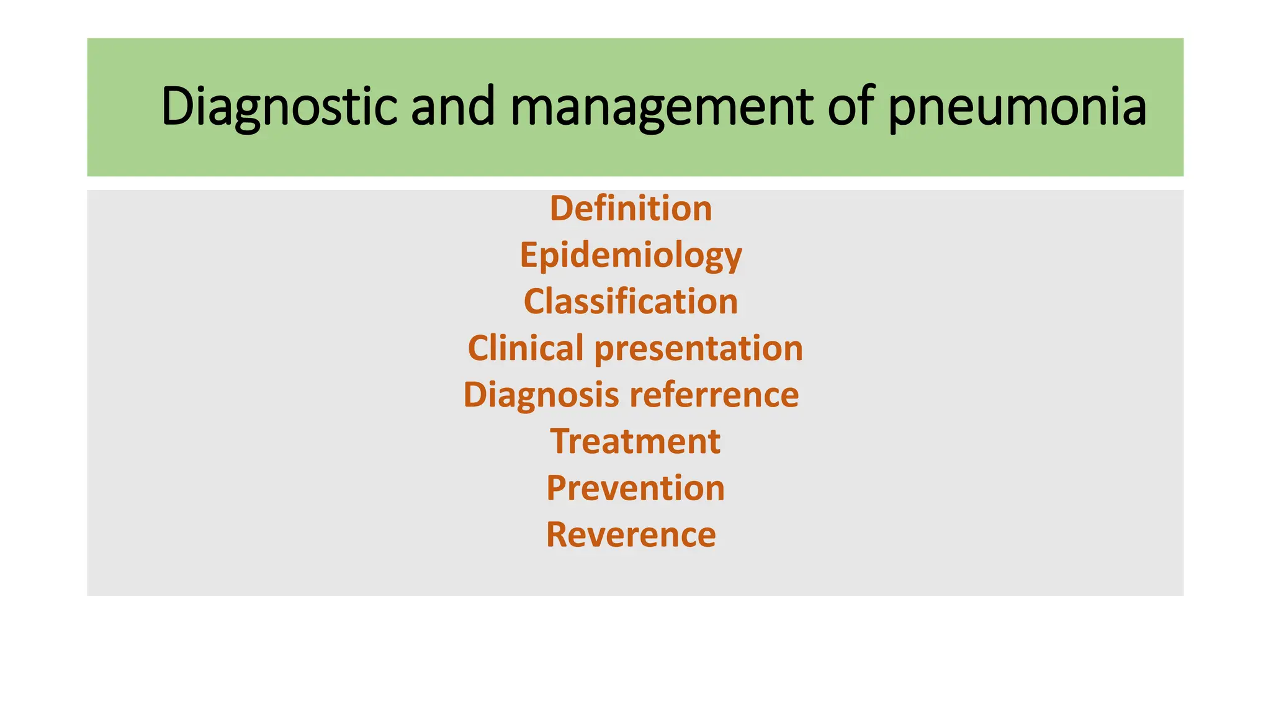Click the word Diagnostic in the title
pyautogui.click(x=279, y=107)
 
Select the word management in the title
pyautogui.click(x=662, y=107)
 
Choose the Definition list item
pyautogui.click(x=631, y=209)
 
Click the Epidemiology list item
pyautogui.click(x=631, y=255)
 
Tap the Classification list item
pyautogui.click(x=631, y=302)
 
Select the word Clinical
pyautogui.click(x=526, y=348)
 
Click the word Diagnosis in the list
pyautogui.click(x=541, y=395)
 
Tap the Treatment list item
pyautogui.click(x=635, y=441)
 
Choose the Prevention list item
pyautogui.click(x=635, y=488)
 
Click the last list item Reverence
pyautogui.click(x=631, y=534)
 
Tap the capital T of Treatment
pyautogui.click(x=562, y=441)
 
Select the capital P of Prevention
pyautogui.click(x=557, y=488)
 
